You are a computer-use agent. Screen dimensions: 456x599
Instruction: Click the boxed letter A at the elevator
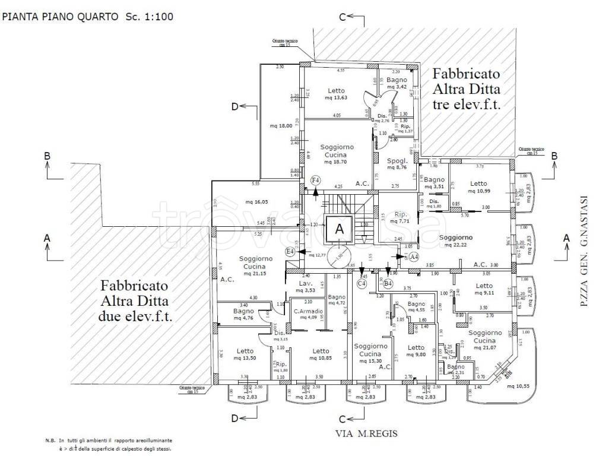tap(339, 228)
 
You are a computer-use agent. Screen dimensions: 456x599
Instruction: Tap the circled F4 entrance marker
tap(316, 179)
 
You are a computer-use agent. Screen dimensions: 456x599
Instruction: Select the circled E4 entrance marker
tap(290, 252)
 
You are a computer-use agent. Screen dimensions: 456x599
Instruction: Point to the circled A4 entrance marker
tap(414, 257)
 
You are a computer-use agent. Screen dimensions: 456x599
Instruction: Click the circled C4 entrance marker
tap(362, 284)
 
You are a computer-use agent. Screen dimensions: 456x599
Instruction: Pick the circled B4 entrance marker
tap(388, 284)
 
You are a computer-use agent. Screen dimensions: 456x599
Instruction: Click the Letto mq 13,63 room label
tap(336, 94)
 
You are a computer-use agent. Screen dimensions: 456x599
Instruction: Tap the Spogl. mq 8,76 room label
tap(397, 164)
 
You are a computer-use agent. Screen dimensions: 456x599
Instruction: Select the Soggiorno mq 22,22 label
tap(456, 240)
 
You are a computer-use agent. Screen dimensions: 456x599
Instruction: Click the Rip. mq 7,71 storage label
tap(400, 217)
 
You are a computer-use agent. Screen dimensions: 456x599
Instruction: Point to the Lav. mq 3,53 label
tap(306, 287)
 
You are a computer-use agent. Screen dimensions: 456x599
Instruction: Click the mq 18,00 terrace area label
tap(281, 126)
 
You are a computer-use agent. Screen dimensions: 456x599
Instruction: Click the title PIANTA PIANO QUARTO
tap(61, 17)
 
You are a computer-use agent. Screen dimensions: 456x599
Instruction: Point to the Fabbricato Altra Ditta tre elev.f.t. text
tap(466, 90)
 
